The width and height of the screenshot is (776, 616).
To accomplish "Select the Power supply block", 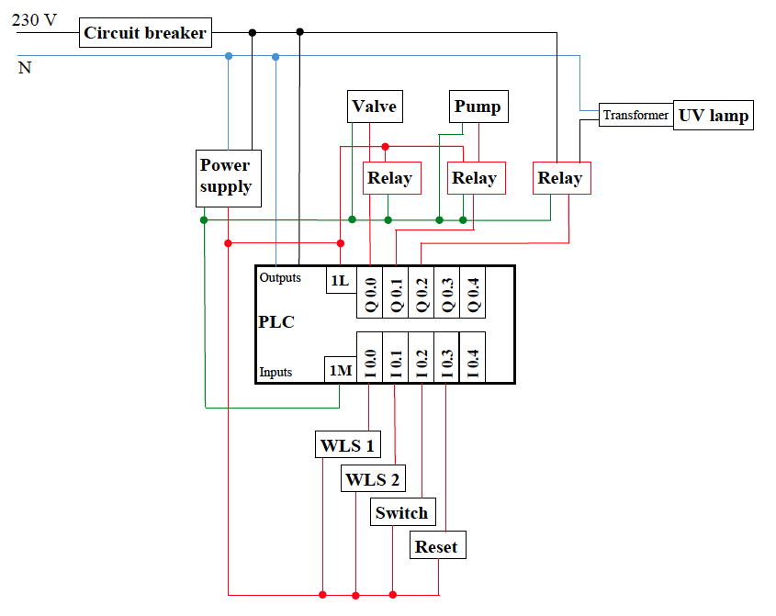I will [x=225, y=175].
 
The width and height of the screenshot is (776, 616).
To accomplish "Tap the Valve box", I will [x=374, y=106].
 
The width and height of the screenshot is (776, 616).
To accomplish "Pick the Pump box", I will [x=478, y=106].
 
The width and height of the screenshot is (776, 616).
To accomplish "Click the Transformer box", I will [x=635, y=115].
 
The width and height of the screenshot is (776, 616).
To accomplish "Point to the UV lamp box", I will [x=714, y=115].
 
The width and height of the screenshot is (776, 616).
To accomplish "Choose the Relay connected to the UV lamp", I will [x=560, y=178].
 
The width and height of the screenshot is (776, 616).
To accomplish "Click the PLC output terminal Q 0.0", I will [x=370, y=293].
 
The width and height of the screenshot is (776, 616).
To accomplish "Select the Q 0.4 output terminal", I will [x=472, y=293].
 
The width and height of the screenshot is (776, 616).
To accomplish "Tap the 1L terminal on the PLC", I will [x=339, y=280].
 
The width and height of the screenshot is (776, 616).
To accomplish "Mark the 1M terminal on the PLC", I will [x=339, y=370].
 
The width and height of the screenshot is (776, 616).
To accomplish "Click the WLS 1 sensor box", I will [x=347, y=446].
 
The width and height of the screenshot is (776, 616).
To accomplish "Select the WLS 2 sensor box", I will [x=372, y=478].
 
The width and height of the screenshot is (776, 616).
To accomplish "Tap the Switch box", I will [x=401, y=512].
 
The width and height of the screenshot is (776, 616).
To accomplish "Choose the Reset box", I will [x=436, y=546].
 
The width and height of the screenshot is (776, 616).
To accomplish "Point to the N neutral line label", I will [x=25, y=68].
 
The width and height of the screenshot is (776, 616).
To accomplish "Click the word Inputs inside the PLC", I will [x=276, y=372].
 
